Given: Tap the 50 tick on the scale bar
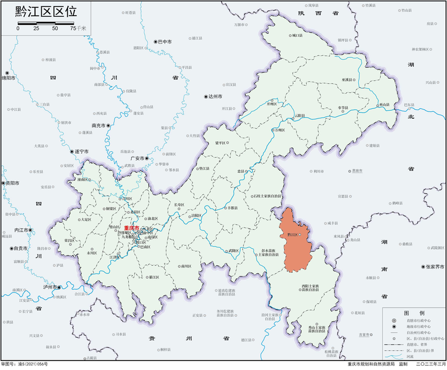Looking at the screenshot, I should pyautogui.click(x=55, y=28).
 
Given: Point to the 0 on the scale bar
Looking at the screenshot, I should pyautogui.click(x=18, y=28).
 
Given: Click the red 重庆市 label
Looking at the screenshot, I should pyautogui.click(x=131, y=228).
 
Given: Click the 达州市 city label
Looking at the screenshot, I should pyautogui.click(x=215, y=96).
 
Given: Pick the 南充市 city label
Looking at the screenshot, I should pyautogui.click(x=98, y=126).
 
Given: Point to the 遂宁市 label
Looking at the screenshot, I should pyautogui.click(x=81, y=151).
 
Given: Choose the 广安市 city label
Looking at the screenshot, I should pyautogui.click(x=138, y=158).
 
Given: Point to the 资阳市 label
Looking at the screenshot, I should pyautogui.click(x=11, y=183).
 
